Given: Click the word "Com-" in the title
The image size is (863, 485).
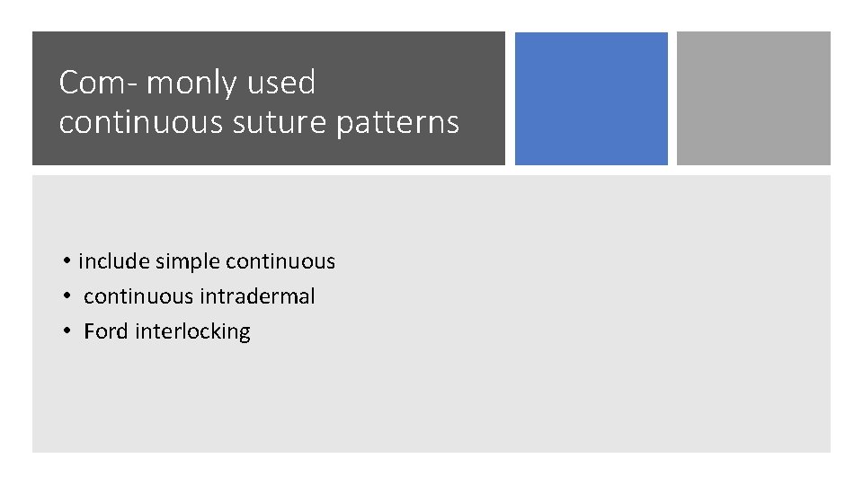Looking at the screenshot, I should click(x=97, y=83).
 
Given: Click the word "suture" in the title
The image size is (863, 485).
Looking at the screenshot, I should click(x=266, y=122).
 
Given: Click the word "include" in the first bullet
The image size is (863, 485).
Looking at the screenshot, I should click(x=114, y=261).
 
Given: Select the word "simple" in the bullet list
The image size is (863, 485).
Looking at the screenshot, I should click(x=188, y=261).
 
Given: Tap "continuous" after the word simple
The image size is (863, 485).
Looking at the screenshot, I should click(x=280, y=261).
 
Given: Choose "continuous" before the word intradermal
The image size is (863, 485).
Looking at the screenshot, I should click(x=138, y=296).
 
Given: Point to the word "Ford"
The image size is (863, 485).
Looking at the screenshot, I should click(x=106, y=331).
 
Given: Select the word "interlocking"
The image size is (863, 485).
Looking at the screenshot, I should click(x=192, y=331).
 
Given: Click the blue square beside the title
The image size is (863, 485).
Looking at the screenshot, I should click(x=591, y=99).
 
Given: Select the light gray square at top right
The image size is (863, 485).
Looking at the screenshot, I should click(x=753, y=99).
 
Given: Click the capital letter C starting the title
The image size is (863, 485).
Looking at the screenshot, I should click(x=68, y=83).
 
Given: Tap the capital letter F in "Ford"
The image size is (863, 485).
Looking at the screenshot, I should click(x=88, y=331).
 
